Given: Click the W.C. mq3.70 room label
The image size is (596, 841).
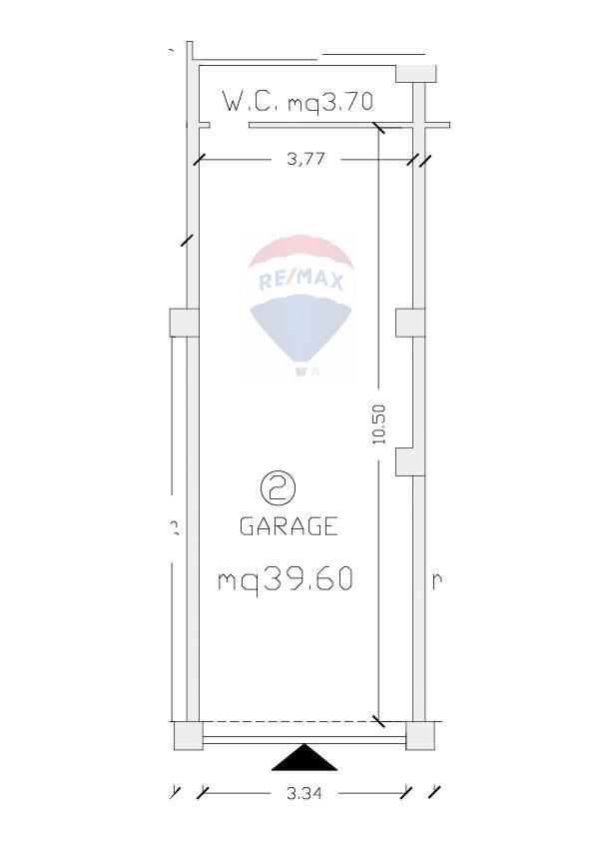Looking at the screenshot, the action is click(298, 101).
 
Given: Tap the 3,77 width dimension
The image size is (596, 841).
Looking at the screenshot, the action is click(305, 159).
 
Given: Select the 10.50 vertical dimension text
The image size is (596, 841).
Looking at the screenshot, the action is click(378, 424).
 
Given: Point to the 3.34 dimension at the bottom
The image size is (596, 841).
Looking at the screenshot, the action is click(303, 793).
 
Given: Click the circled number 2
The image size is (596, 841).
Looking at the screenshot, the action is click(278, 487).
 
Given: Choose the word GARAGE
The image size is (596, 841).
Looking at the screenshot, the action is click(289, 526).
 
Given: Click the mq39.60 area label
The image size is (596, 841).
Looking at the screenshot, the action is click(286, 580).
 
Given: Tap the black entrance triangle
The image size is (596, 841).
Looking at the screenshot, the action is click(304, 757).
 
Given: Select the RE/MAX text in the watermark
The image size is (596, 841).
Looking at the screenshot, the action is click(300, 280).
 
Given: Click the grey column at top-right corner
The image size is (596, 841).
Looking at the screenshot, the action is click(416, 74).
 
